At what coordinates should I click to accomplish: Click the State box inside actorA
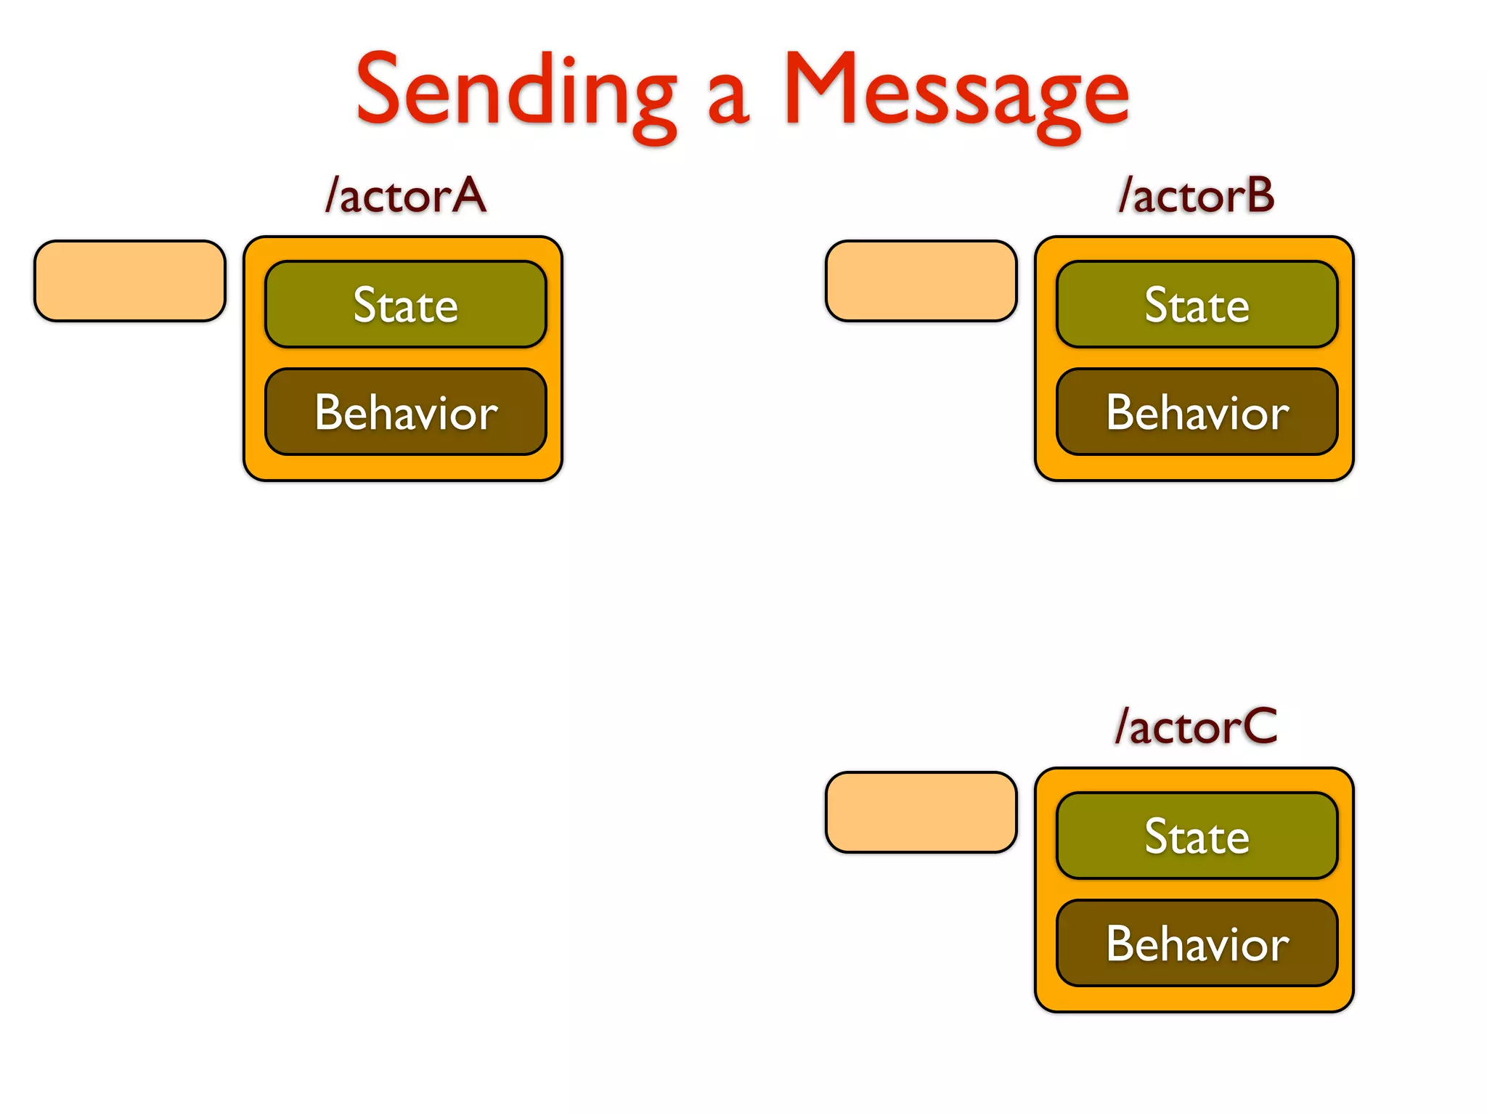pyautogui.click(x=405, y=304)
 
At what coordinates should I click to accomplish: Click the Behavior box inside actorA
pyautogui.click(x=405, y=412)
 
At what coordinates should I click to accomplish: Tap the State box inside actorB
pyautogui.click(x=1197, y=304)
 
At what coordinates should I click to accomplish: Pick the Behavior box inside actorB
pyautogui.click(x=1197, y=412)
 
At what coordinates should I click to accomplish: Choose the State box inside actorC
pyautogui.click(x=1197, y=836)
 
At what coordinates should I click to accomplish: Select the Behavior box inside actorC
pyautogui.click(x=1197, y=943)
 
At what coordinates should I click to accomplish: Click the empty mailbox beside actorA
pyautogui.click(x=130, y=281)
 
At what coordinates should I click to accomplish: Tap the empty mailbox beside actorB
pyautogui.click(x=921, y=281)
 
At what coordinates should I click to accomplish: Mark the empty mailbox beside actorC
pyautogui.click(x=921, y=812)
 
